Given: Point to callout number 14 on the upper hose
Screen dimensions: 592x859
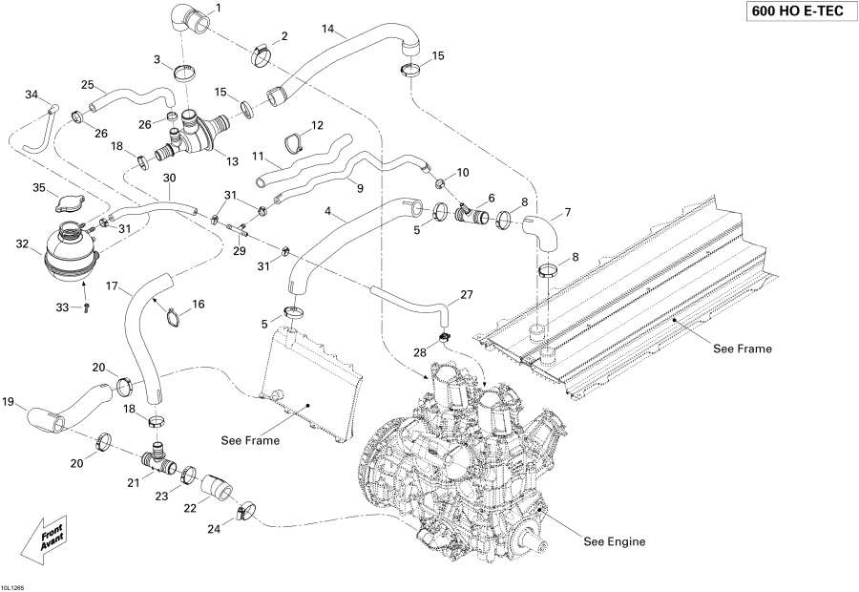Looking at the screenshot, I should click(x=327, y=30).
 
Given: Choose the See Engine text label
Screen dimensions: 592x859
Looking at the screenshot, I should click(x=614, y=541).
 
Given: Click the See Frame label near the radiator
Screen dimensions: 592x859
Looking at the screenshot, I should click(x=250, y=440).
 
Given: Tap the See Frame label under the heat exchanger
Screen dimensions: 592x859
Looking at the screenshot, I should click(x=743, y=349).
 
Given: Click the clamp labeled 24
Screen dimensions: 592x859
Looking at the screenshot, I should click(x=245, y=513).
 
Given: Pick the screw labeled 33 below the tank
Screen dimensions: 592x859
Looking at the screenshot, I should click(x=86, y=307).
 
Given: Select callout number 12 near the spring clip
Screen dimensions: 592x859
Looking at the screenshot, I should click(x=317, y=125).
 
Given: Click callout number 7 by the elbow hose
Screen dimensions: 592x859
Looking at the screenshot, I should click(x=568, y=211).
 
